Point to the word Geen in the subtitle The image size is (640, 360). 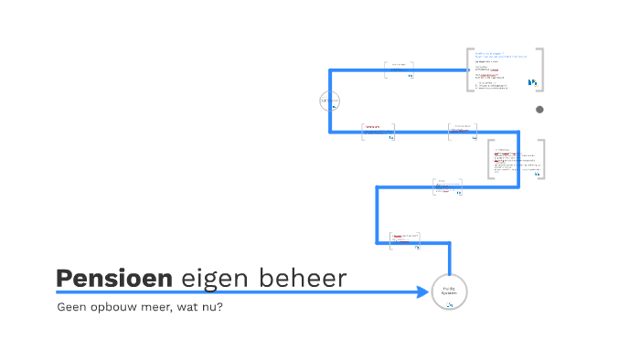(70, 307)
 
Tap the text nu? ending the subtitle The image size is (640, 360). (214, 307)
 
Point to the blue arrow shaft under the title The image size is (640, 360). (229, 292)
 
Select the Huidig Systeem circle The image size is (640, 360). (449, 291)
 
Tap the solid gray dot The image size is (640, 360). (539, 110)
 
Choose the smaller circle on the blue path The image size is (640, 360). (330, 101)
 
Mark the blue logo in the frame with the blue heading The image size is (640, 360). (533, 83)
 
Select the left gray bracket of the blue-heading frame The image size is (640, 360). (467, 70)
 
